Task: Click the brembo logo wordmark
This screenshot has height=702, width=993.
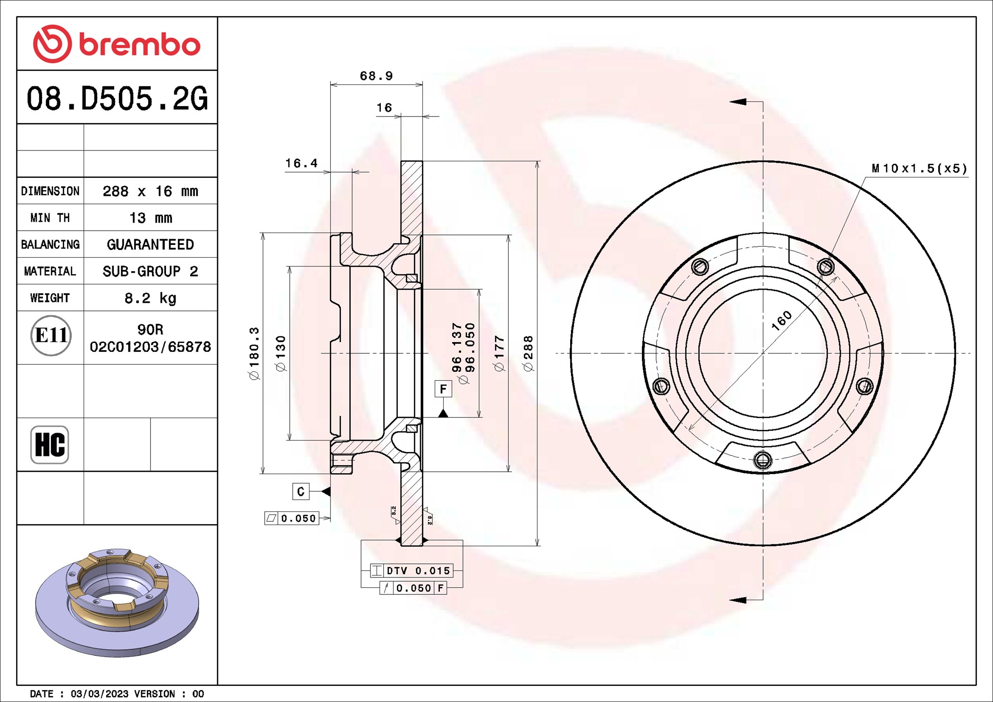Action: pyautogui.click(x=140, y=45)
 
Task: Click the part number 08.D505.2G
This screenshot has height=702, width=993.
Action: pyautogui.click(x=117, y=99)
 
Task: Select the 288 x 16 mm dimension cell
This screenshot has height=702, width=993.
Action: pyautogui.click(x=151, y=191)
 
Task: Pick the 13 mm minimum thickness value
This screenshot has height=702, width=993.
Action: pyautogui.click(x=151, y=218)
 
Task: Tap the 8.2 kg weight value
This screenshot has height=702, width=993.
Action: pyautogui.click(x=151, y=298)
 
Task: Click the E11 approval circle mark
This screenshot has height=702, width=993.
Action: pyautogui.click(x=51, y=335)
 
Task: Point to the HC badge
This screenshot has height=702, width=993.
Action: pyautogui.click(x=50, y=444)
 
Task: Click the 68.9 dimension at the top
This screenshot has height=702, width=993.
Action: pyautogui.click(x=376, y=76)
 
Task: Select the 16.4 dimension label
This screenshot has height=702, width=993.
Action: pyautogui.click(x=301, y=163)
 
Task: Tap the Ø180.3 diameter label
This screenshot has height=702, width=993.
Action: pyautogui.click(x=254, y=353)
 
